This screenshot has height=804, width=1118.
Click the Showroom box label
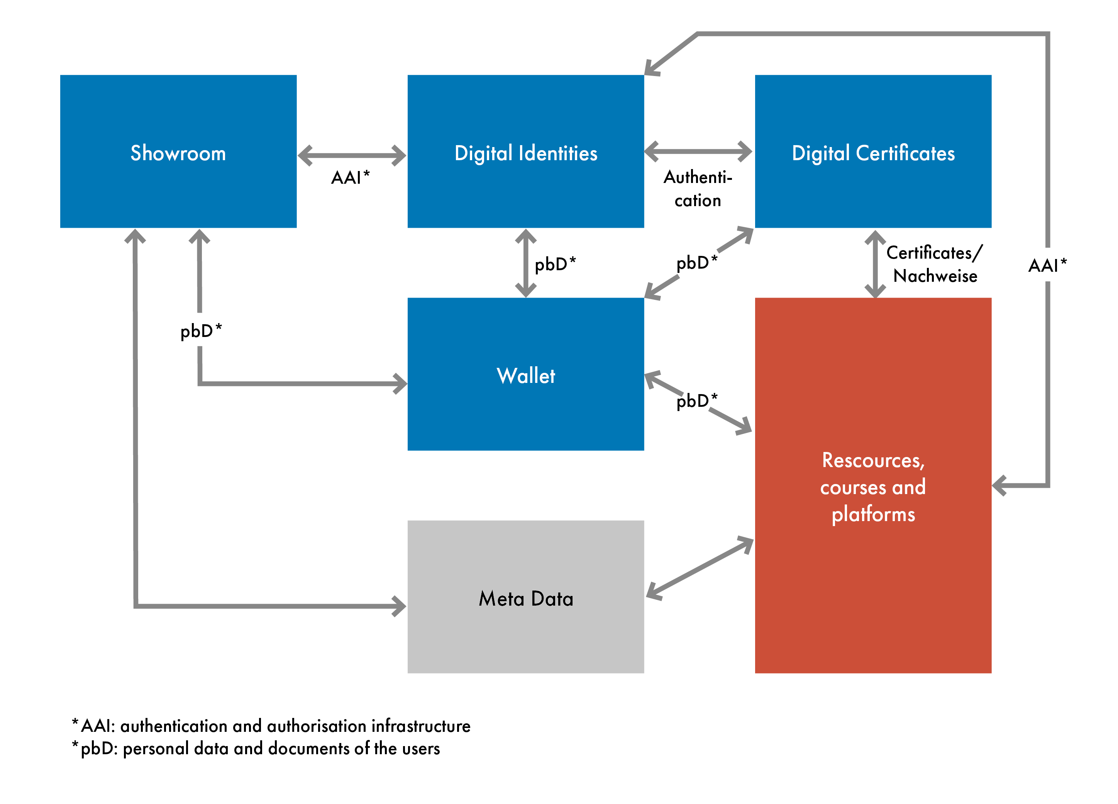[178, 153]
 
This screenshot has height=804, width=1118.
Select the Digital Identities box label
[525, 153]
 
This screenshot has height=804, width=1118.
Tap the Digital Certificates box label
[873, 153]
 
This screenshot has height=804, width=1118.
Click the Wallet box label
[525, 376]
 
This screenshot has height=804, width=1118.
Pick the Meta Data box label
[525, 599]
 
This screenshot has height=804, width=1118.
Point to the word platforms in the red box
[873, 514]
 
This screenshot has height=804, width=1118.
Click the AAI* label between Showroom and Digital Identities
[350, 178]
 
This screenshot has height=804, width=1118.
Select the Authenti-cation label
[698, 189]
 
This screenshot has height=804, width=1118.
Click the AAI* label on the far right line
[1047, 265]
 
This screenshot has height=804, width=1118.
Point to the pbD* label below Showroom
[201, 331]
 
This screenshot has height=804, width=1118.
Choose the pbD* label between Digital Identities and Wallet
[555, 264]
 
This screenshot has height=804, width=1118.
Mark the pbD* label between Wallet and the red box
[696, 401]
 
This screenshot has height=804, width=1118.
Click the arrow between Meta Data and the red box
[700, 569]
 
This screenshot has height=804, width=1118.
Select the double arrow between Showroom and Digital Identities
[352, 155]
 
